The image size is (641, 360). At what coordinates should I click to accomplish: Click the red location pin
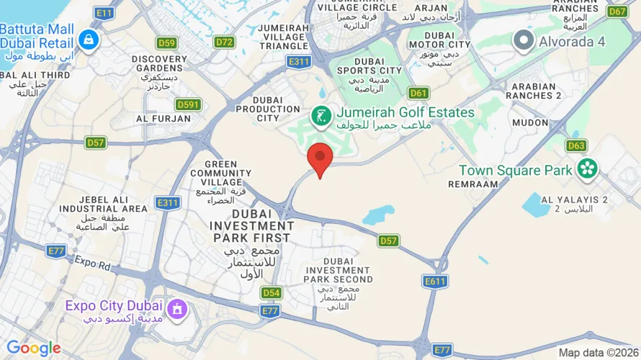tap(320, 157)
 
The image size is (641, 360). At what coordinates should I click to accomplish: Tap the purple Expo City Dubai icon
tap(176, 310)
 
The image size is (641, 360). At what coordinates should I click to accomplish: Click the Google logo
tap(33, 348)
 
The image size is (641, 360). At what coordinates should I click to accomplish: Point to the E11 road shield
tap(104, 13)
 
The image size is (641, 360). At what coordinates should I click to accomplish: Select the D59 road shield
tap(167, 42)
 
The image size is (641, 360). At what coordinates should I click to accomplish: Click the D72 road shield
tap(225, 42)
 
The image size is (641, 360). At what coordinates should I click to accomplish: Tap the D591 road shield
tap(189, 105)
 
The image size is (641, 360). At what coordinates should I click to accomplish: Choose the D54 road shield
tap(271, 292)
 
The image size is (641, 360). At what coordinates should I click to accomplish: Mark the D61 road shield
tap(418, 93)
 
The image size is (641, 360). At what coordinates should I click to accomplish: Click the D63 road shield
tap(576, 146)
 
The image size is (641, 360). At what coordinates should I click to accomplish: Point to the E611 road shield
tap(435, 282)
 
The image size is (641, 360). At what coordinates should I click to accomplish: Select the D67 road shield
tap(617, 12)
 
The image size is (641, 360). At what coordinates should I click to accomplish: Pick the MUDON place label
tap(530, 122)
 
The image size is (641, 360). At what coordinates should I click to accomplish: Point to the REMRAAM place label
tap(473, 184)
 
